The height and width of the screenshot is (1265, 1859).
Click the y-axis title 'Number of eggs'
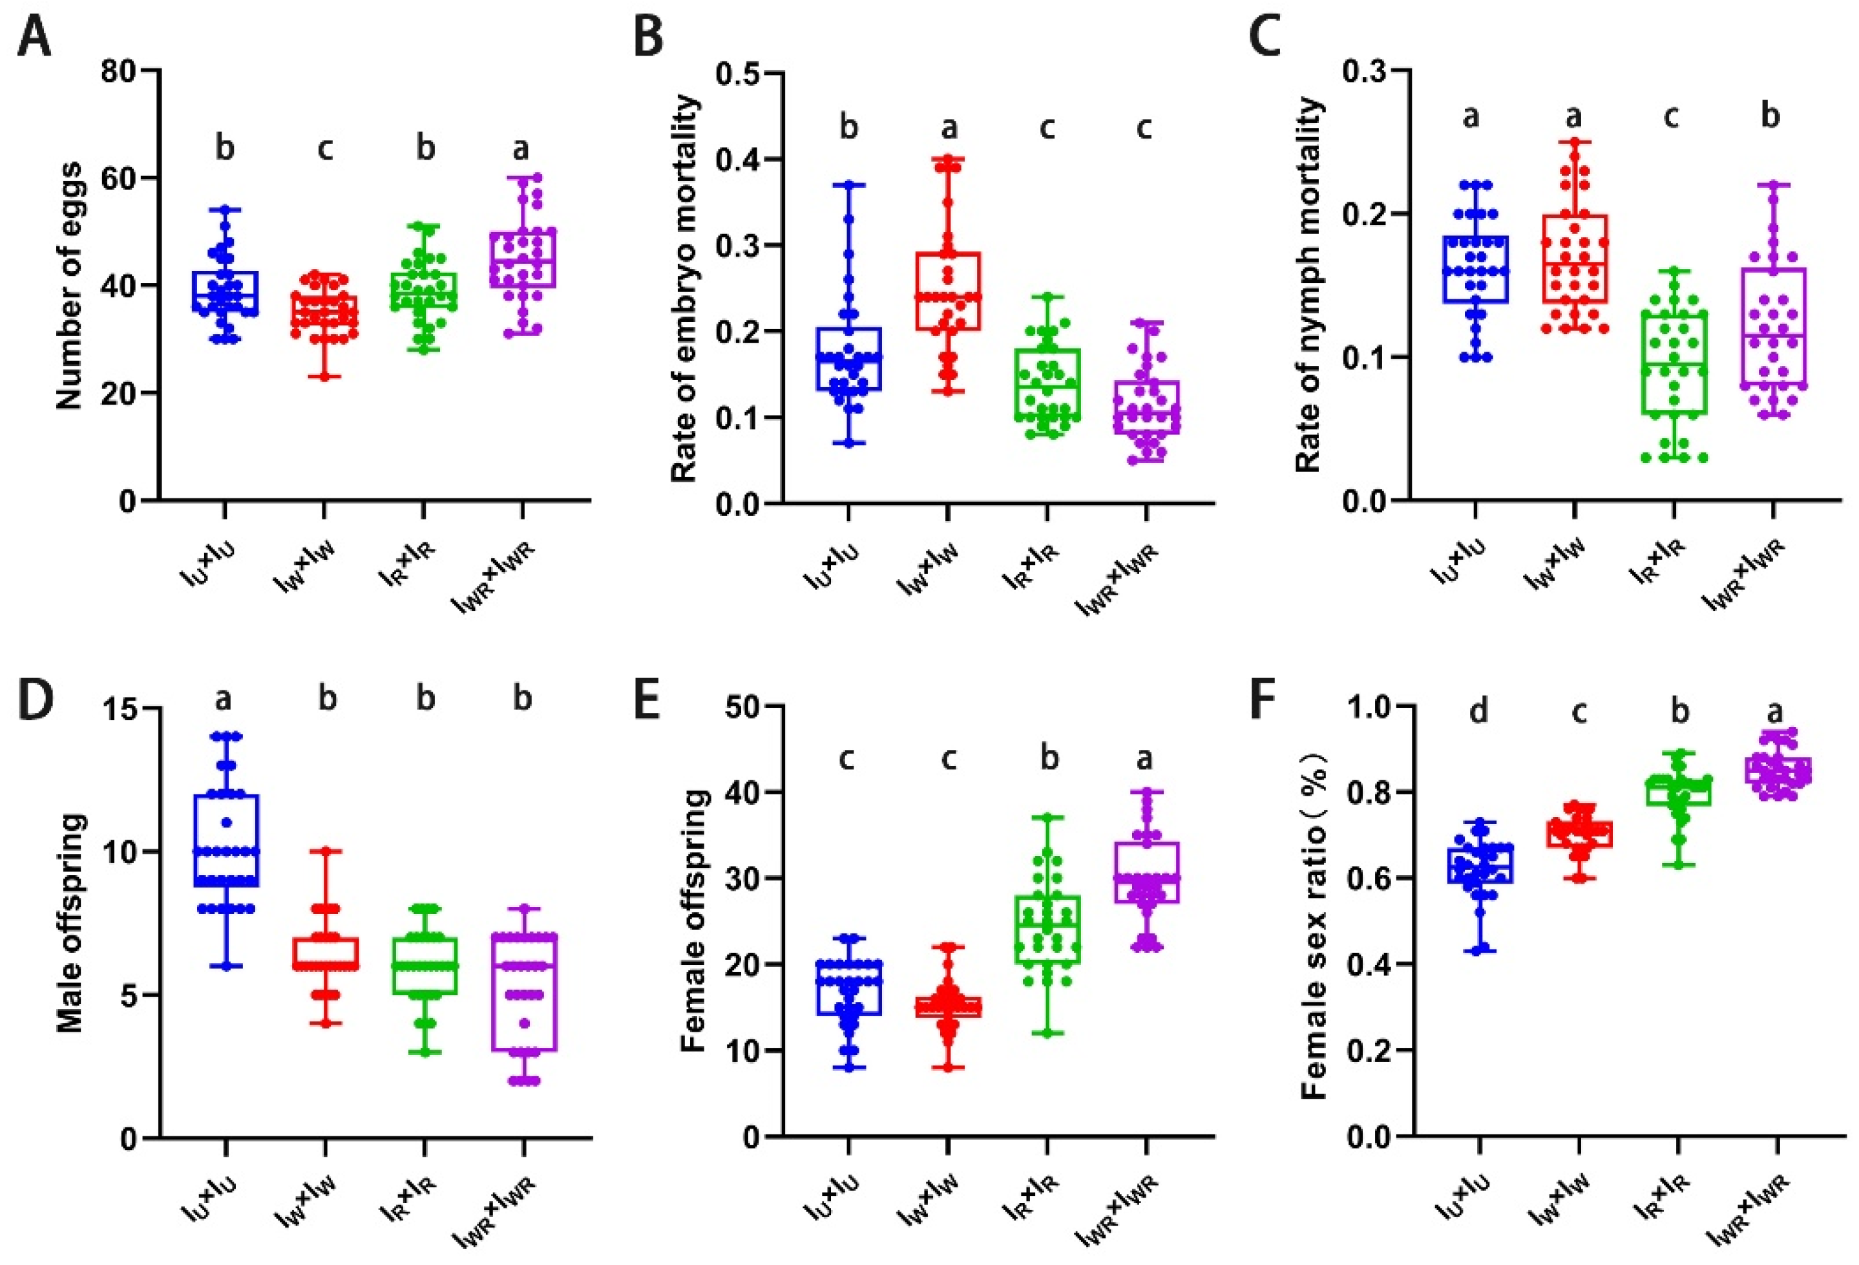70,286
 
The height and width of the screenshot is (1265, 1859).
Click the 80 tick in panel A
118,70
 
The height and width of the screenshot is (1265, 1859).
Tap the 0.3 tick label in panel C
1364,70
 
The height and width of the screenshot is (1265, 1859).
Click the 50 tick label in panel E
746,707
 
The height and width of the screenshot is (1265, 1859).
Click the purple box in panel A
524,259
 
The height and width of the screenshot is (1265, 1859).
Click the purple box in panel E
1147,872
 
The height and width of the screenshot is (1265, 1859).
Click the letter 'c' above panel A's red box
325,148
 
